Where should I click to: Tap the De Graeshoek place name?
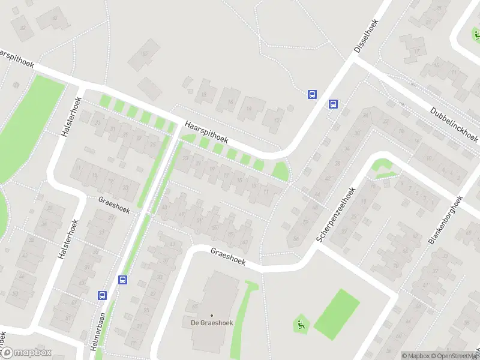pyautogui.click(x=212, y=323)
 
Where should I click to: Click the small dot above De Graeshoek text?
pyautogui.click(x=212, y=315)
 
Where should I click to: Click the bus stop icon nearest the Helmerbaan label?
pyautogui.click(x=102, y=295)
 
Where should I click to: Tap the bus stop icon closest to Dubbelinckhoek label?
pyautogui.click(x=333, y=104)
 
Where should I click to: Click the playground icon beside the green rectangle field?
pyautogui.click(x=300, y=325)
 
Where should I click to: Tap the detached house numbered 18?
pyautogui.click(x=204, y=94)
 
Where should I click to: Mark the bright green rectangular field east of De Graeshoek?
pyautogui.click(x=337, y=313)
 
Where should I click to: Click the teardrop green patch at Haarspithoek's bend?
pyautogui.click(x=280, y=172)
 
